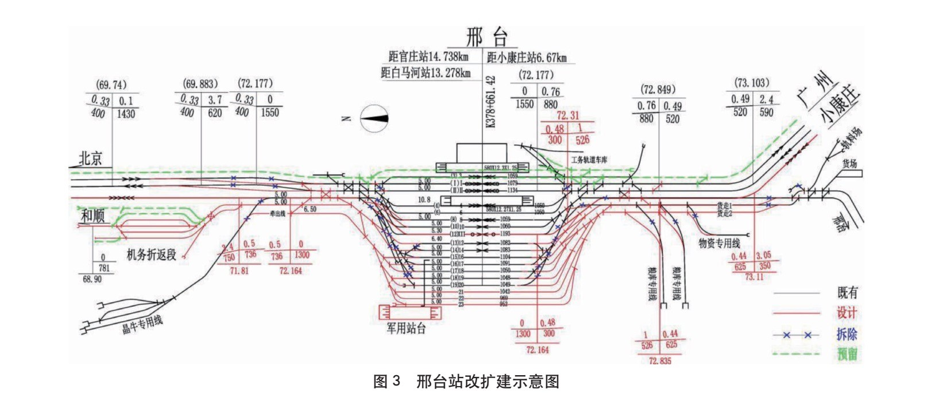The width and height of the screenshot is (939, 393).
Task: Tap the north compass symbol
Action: click(374, 118)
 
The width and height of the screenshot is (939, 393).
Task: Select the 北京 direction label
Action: click(90, 159)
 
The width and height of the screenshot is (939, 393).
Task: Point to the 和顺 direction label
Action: click(92, 216)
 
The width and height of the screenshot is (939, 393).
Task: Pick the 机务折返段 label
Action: click(151, 254)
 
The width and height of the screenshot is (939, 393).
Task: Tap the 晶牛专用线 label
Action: click(142, 325)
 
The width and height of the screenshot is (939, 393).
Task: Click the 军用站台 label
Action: click(406, 328)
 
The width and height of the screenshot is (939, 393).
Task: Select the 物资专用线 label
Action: click(719, 243)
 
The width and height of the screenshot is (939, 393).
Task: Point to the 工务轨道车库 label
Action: click(589, 160)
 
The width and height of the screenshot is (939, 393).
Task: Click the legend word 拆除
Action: click(847, 334)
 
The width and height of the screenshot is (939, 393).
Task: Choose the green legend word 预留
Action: click(847, 353)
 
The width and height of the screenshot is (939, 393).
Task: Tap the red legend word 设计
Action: click(847, 313)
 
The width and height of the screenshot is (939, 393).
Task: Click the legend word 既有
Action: click(847, 292)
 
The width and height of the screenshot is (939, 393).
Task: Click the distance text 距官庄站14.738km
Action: click(428, 56)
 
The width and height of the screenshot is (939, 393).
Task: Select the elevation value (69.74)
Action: click(112, 85)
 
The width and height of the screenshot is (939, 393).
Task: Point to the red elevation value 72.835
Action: click(659, 361)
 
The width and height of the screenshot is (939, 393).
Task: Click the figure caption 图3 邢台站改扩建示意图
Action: click(466, 382)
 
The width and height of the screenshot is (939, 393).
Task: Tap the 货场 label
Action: click(849, 164)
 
